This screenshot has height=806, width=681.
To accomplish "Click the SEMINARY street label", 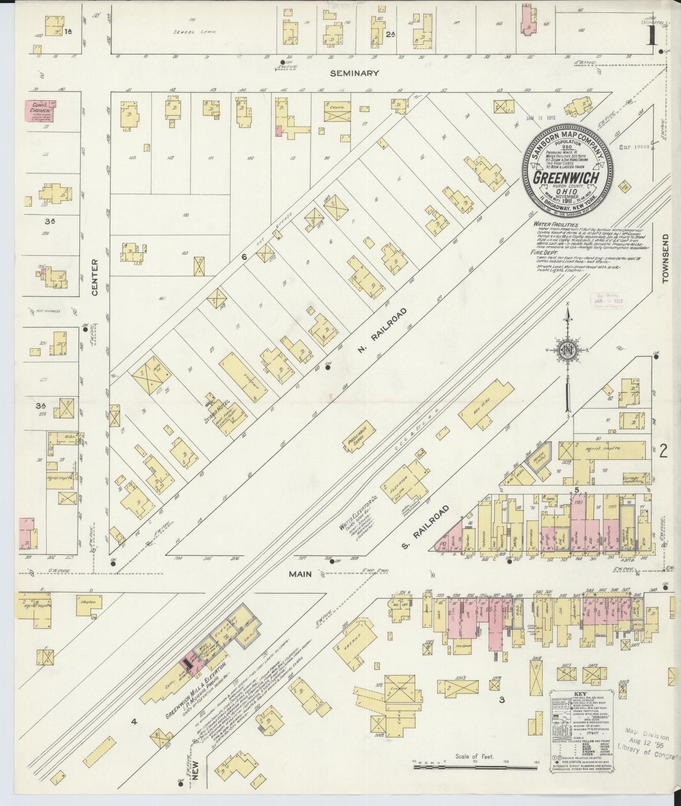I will click(x=354, y=73).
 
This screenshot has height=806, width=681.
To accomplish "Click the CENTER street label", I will click(x=94, y=278).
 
